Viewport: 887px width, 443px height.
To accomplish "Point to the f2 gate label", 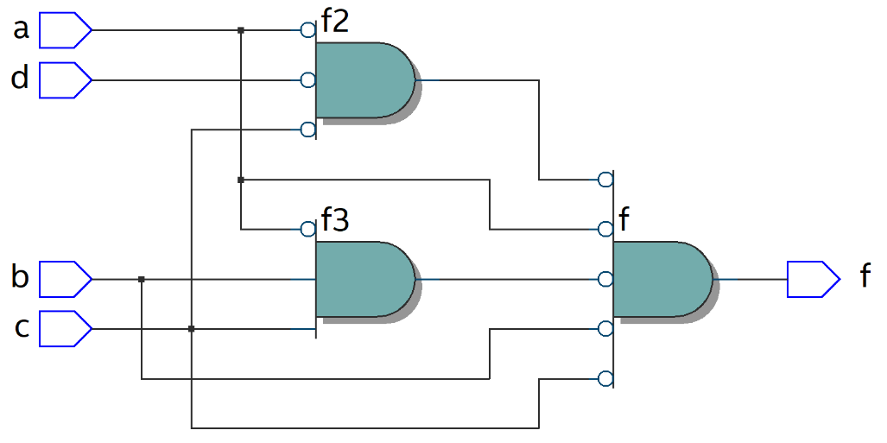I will (x=335, y=22).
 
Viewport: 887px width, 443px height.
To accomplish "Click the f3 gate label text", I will (x=335, y=221).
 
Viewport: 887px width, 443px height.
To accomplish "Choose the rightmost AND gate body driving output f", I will (x=662, y=279).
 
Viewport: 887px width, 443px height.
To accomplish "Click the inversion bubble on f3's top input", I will (x=307, y=229).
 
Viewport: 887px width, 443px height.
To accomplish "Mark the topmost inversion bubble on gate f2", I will (x=307, y=30).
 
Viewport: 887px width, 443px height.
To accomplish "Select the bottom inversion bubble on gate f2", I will (x=307, y=130).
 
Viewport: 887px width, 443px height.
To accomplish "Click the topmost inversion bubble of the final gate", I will (x=605, y=180).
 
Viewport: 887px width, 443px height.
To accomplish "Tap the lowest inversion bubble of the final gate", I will (x=605, y=378).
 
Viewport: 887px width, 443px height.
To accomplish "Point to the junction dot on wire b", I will (x=142, y=279).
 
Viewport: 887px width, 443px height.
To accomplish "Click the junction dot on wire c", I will (x=191, y=329).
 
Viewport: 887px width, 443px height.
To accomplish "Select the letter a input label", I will (x=22, y=30).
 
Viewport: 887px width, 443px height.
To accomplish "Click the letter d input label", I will (x=20, y=79).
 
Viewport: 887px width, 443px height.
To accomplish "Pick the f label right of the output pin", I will (x=865, y=277).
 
